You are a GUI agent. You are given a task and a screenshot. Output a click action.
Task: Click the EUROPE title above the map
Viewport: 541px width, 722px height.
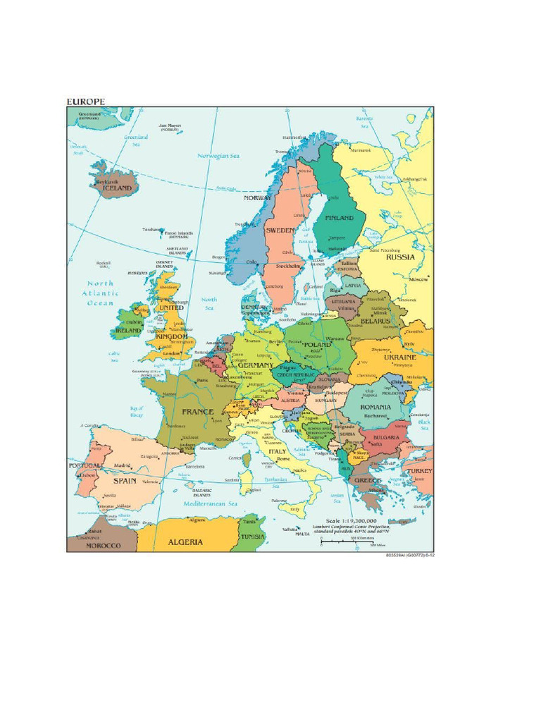tap(85, 102)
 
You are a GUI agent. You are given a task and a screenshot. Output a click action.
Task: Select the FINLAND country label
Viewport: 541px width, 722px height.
tap(340, 218)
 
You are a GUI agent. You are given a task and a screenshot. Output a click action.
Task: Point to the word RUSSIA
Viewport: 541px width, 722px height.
tap(400, 257)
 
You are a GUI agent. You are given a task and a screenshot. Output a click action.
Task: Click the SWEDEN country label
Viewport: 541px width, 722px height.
tap(280, 230)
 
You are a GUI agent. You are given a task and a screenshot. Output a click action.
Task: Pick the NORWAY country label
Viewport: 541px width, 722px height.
tap(257, 198)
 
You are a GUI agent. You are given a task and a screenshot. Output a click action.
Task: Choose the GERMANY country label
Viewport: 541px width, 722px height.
tap(255, 365)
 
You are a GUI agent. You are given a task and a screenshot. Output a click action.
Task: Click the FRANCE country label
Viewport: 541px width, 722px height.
tap(197, 411)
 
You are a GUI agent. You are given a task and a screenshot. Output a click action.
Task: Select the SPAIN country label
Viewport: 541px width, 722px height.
tap(125, 480)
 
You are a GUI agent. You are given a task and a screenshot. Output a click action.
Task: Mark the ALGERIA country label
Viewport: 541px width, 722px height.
tap(185, 541)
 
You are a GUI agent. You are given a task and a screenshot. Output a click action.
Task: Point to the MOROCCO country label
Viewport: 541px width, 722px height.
tap(104, 546)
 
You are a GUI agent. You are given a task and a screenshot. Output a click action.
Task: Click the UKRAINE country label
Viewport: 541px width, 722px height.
tap(399, 357)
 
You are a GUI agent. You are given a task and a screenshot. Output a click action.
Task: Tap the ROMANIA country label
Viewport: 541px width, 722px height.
tap(375, 407)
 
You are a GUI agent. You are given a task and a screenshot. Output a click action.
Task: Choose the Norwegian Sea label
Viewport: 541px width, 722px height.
tap(218, 156)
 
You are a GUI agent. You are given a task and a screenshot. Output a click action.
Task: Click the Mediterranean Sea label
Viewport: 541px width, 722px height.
tap(211, 504)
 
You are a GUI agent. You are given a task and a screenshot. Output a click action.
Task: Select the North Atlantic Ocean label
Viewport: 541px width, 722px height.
tap(99, 293)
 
